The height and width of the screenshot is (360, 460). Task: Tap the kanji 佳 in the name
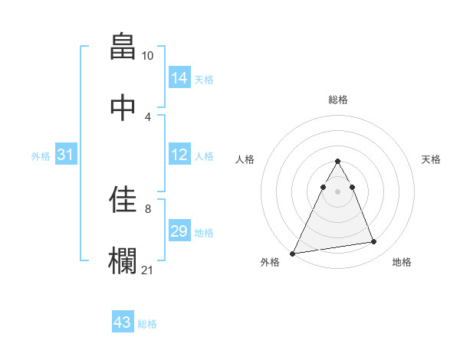tap(123, 199)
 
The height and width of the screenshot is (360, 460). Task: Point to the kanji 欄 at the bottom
tap(123, 259)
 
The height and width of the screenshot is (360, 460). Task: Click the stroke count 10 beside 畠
tap(148, 56)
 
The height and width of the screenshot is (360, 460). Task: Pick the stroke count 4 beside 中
tap(148, 116)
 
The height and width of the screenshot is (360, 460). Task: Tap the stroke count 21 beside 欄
tap(148, 269)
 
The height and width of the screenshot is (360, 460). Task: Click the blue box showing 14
tap(179, 77)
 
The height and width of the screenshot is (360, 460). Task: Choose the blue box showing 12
tap(179, 155)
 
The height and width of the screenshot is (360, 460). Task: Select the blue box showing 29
tap(179, 231)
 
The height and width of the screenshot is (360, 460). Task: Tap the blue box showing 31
tap(66, 155)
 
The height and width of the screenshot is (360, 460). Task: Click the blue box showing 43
tap(123, 322)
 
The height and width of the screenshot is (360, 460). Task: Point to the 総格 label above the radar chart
tap(338, 100)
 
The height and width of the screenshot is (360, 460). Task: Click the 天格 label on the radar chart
tap(432, 159)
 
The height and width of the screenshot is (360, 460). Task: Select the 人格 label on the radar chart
tap(245, 159)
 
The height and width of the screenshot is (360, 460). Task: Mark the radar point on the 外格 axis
tap(293, 253)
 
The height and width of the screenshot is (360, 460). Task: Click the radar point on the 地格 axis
tap(374, 242)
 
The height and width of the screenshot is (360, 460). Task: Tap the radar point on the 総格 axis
tap(338, 161)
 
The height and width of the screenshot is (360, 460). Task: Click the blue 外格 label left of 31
tap(41, 155)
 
